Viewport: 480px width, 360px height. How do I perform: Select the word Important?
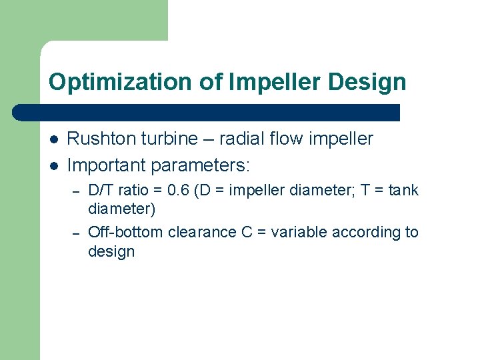coord(108,164)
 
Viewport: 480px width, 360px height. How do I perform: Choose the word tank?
coord(403,191)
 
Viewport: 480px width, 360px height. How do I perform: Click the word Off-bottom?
coord(125,233)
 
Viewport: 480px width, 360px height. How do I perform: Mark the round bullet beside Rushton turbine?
coord(53,139)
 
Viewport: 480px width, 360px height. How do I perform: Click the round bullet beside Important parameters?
coord(53,164)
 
